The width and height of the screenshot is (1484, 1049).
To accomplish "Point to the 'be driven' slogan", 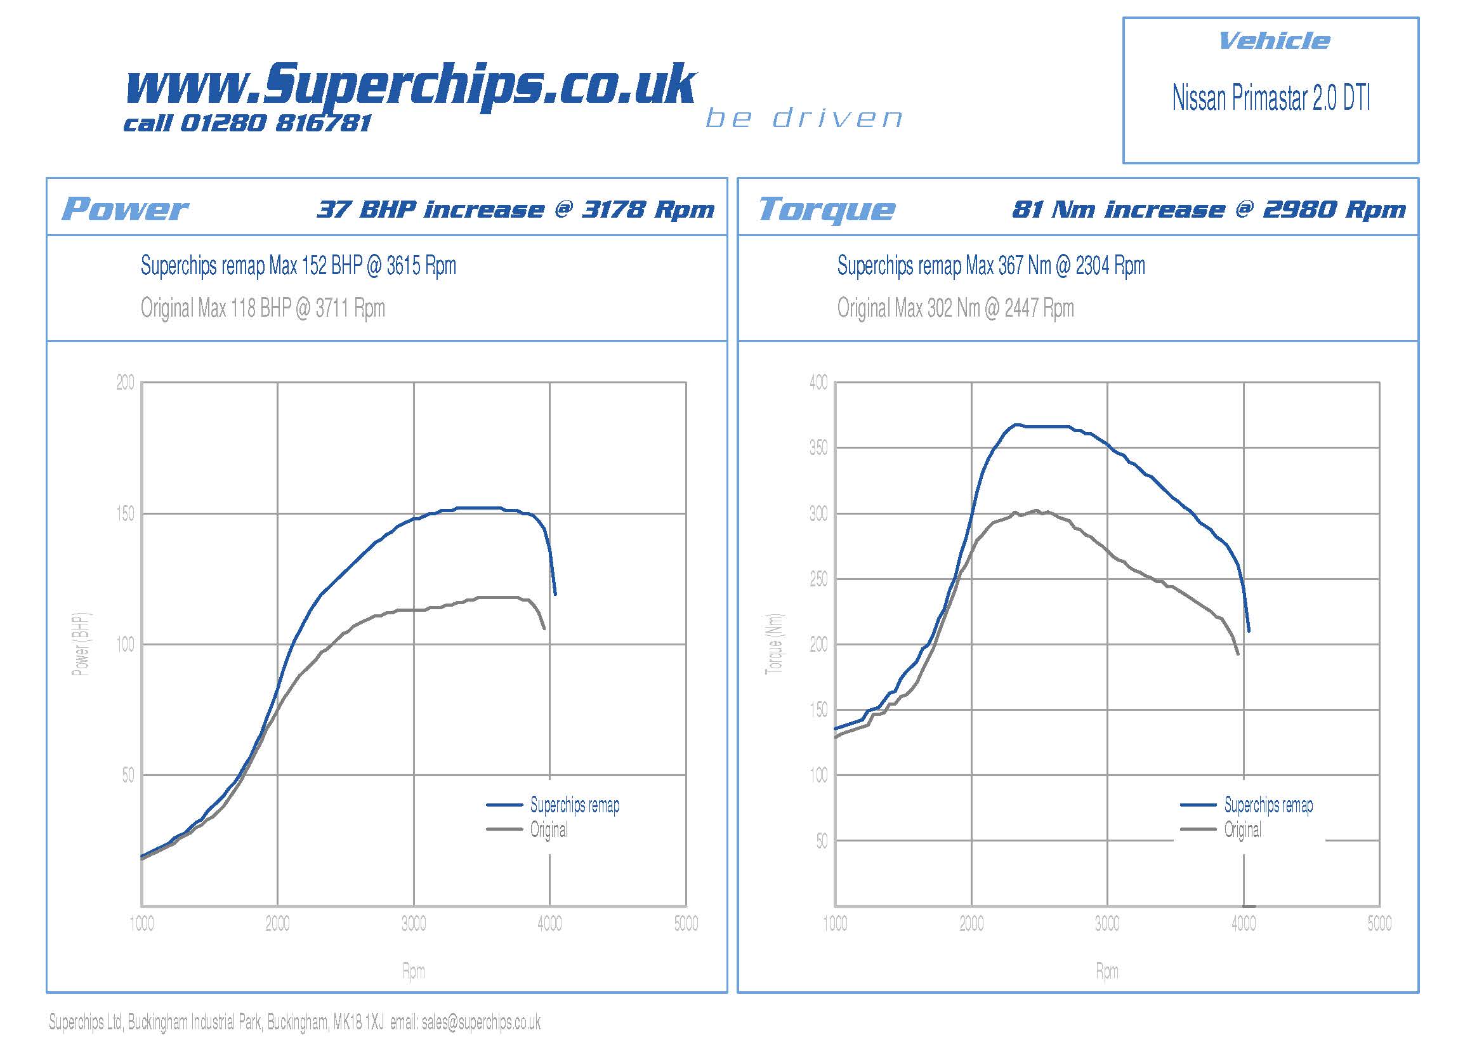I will [x=804, y=118].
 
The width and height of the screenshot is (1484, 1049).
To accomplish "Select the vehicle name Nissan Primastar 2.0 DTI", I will [x=1271, y=98].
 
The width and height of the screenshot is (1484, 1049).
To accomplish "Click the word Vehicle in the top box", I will [x=1273, y=41].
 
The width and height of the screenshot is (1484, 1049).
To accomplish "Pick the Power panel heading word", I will [x=125, y=209].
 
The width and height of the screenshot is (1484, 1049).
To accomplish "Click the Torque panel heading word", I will [x=827, y=209].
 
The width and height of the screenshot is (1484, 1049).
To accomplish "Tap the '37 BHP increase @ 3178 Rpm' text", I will [x=515, y=209].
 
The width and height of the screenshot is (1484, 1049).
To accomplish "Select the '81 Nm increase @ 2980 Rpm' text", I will [x=1209, y=209].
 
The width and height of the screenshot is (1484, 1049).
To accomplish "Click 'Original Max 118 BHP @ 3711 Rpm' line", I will [x=263, y=308].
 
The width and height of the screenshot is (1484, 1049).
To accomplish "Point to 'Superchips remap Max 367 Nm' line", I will [x=990, y=266].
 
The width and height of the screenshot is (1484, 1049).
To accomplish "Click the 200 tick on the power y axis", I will [x=126, y=383].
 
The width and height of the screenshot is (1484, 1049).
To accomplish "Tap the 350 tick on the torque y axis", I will [x=818, y=448].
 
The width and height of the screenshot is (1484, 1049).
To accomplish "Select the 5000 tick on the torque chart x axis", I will [x=1379, y=923].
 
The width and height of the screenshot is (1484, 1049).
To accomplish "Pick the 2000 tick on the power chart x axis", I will [x=277, y=923].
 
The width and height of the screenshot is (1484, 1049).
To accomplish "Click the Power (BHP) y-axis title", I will [x=81, y=643].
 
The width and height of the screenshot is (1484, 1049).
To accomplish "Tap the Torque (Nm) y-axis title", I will [x=775, y=643].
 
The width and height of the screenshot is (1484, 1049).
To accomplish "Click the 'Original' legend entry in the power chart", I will [x=549, y=830].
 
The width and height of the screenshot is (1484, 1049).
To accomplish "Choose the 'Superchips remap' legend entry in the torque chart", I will [x=1268, y=805].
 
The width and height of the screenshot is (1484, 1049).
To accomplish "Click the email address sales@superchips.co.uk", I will [x=481, y=1022].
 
